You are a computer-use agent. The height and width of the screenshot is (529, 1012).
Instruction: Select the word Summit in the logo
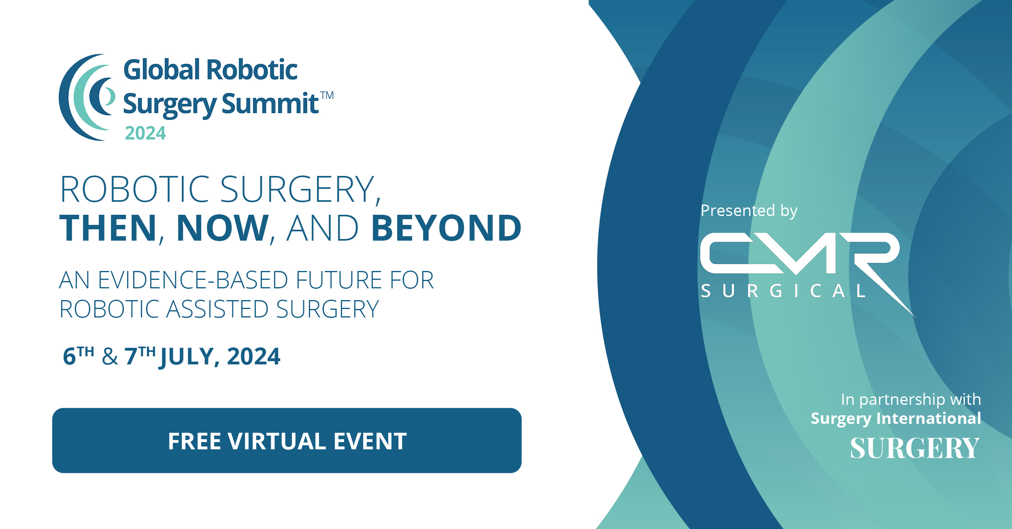[x=270, y=104]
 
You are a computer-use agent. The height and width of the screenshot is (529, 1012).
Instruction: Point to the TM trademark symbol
[x=327, y=95]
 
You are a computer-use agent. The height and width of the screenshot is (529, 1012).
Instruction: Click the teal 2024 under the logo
[x=145, y=133]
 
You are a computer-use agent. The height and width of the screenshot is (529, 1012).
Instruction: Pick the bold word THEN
[x=108, y=228]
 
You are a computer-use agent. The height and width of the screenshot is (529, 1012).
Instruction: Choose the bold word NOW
[x=223, y=228]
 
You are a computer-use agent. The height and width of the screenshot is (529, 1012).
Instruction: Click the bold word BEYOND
[x=446, y=228]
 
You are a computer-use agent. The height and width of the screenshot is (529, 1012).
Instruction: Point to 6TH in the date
[x=79, y=356]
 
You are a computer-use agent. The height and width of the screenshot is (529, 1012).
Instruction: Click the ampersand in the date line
[x=110, y=357]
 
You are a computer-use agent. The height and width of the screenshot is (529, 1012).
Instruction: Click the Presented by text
[x=749, y=211]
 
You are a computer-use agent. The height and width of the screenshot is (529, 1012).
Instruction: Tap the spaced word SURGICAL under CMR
[x=783, y=291]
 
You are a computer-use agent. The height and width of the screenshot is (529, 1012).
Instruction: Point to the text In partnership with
[x=911, y=400]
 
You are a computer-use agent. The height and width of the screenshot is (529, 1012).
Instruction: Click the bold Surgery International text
[x=896, y=419]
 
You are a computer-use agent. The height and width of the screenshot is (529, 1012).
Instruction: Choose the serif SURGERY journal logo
[x=914, y=448]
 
